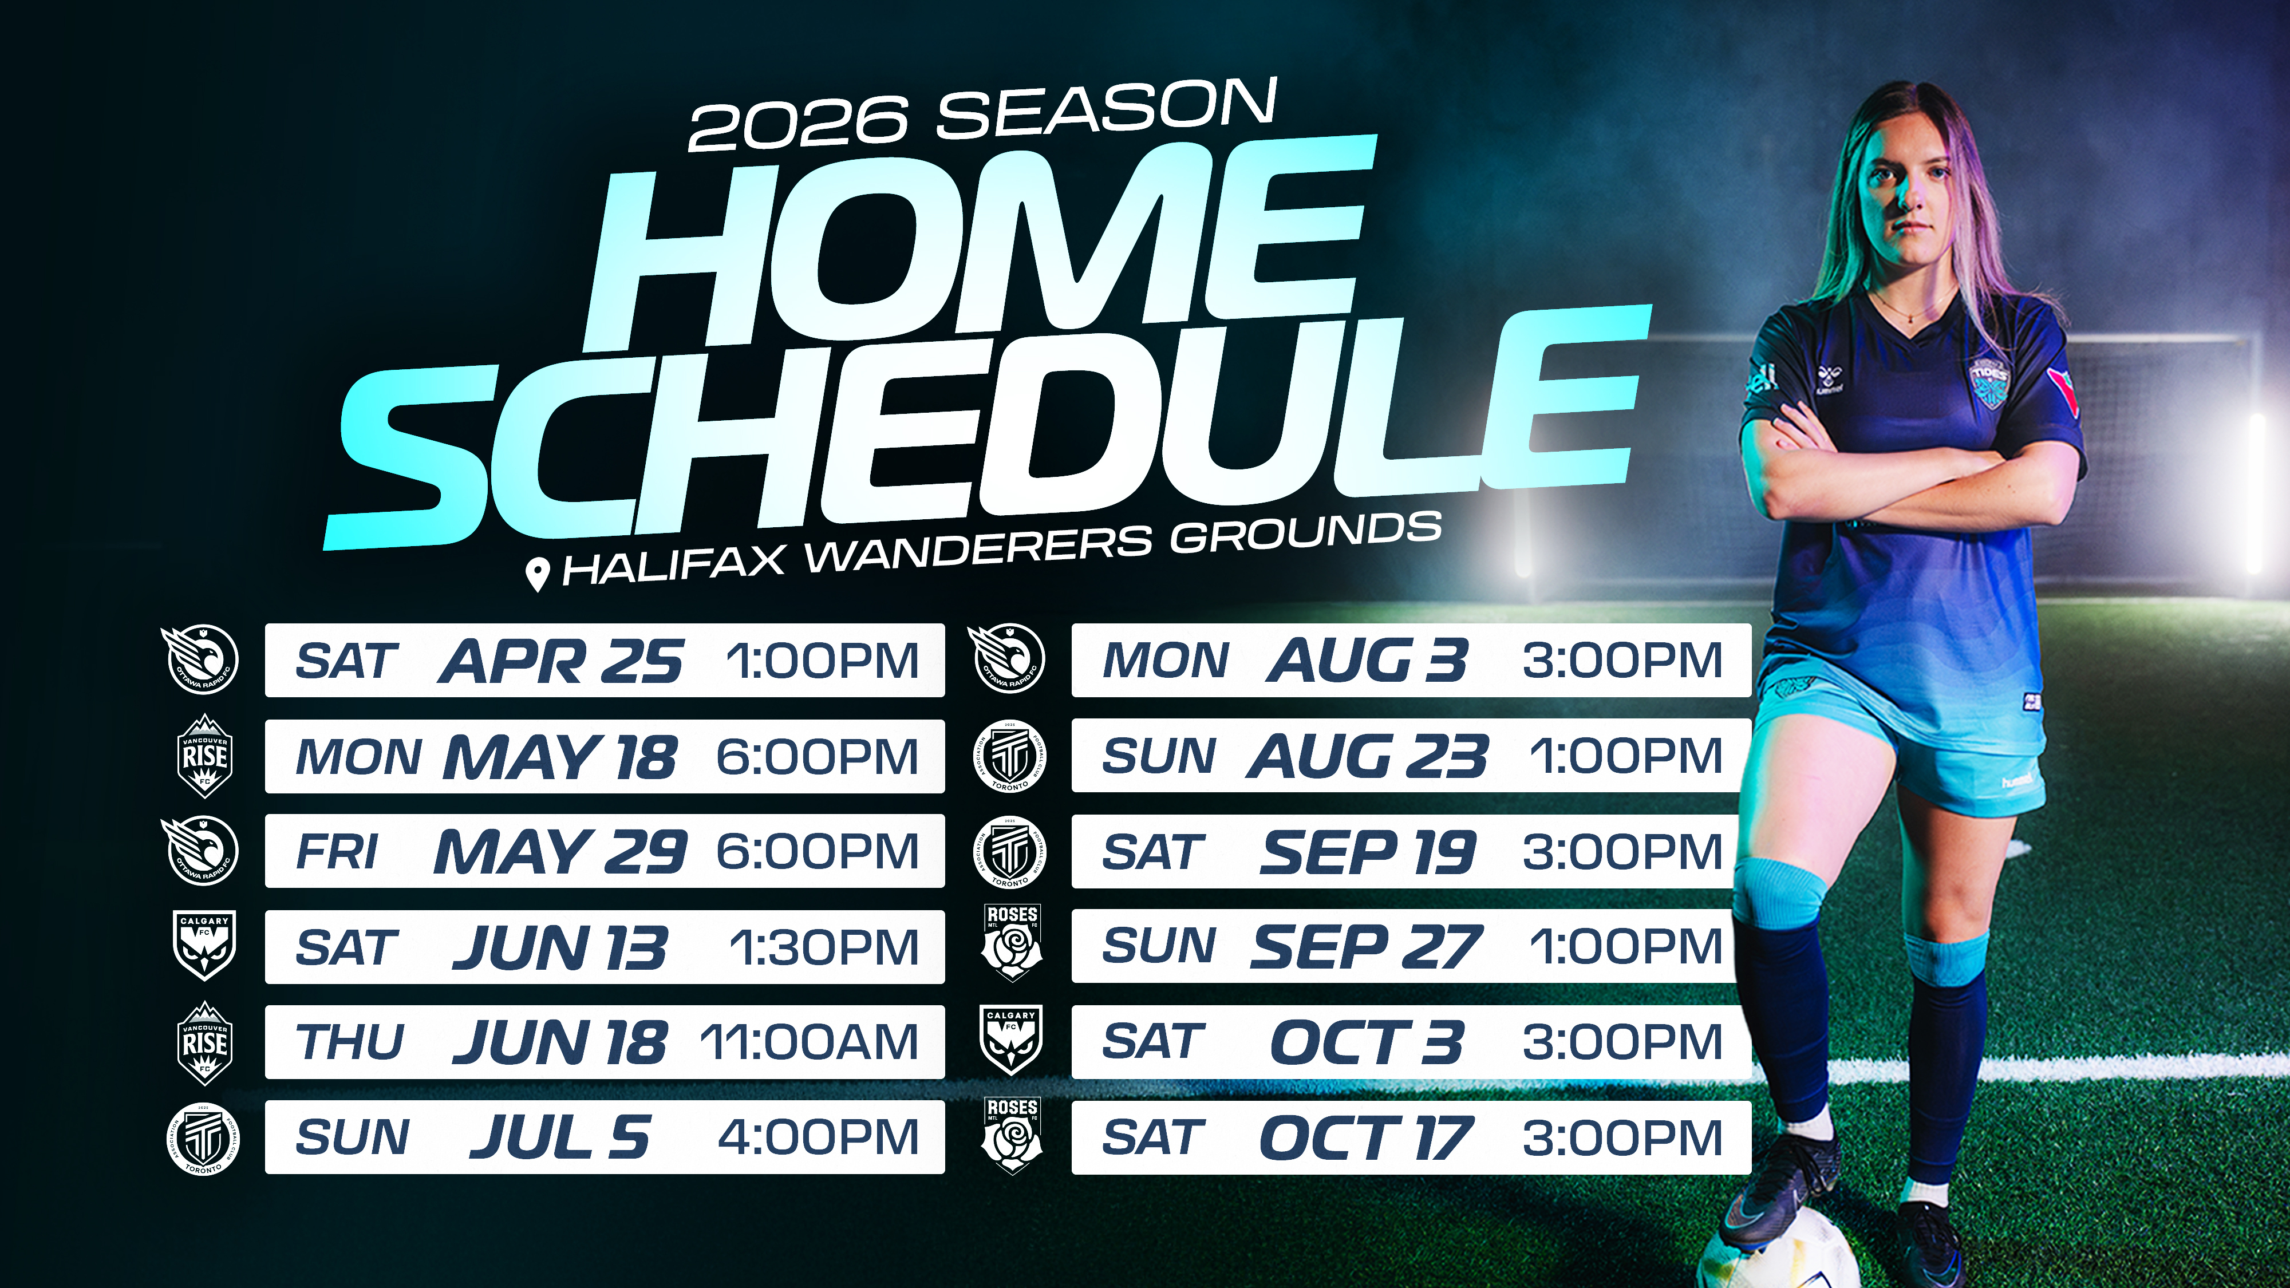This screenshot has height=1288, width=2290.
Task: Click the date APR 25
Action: tap(560, 661)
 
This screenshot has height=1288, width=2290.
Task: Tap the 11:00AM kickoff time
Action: tap(809, 1042)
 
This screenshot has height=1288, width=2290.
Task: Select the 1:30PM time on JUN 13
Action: tap(824, 947)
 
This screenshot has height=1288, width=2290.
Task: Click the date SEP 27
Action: tap(1367, 947)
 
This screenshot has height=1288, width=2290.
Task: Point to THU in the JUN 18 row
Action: tap(350, 1042)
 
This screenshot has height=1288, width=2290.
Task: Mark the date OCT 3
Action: tap(1367, 1042)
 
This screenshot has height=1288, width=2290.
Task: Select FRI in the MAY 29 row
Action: tap(337, 852)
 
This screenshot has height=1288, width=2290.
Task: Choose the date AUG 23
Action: tap(1367, 756)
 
